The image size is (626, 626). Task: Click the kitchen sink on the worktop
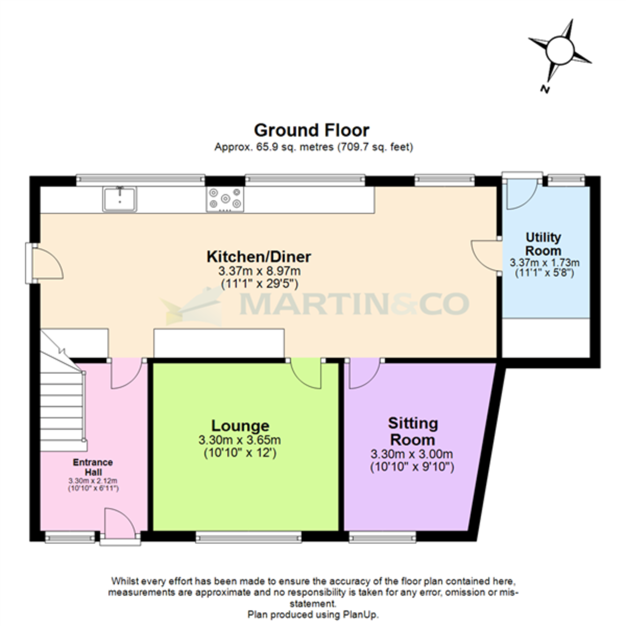point(121,199)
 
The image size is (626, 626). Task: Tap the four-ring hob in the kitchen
point(225,199)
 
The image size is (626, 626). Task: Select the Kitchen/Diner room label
point(259,257)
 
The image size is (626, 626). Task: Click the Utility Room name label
point(544,244)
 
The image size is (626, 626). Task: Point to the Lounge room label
point(240,426)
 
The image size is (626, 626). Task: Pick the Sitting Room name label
point(413,431)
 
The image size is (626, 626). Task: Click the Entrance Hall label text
point(93,466)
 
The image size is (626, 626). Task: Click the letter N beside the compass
point(545,89)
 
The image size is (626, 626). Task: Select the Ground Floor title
point(311,130)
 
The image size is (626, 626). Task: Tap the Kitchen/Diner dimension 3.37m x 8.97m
point(259,271)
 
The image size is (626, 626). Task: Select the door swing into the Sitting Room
point(363,374)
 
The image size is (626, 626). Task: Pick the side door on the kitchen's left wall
point(46,263)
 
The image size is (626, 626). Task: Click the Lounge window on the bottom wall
point(248,536)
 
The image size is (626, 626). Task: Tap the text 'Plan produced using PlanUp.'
point(313,614)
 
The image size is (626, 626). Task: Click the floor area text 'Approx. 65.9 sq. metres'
point(274,147)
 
